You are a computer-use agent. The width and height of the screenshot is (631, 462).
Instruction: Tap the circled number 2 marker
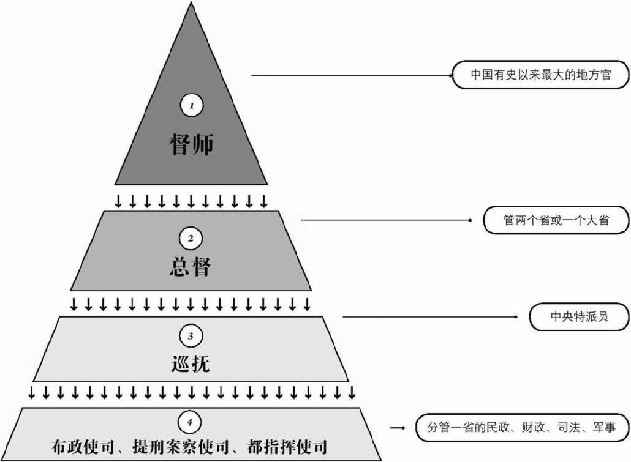191,238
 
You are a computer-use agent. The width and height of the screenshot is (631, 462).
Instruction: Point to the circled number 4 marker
190,420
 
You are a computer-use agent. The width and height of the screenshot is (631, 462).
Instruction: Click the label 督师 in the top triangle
192,144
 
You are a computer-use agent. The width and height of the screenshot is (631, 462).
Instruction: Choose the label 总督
191,267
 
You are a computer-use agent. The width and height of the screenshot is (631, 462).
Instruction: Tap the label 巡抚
191,364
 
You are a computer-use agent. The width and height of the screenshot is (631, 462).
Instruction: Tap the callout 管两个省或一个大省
556,220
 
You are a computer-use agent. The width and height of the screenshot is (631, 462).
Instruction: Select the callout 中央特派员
570,317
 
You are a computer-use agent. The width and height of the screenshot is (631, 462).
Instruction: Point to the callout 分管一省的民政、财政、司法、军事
520,427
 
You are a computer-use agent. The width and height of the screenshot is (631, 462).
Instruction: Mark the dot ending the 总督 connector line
470,220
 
